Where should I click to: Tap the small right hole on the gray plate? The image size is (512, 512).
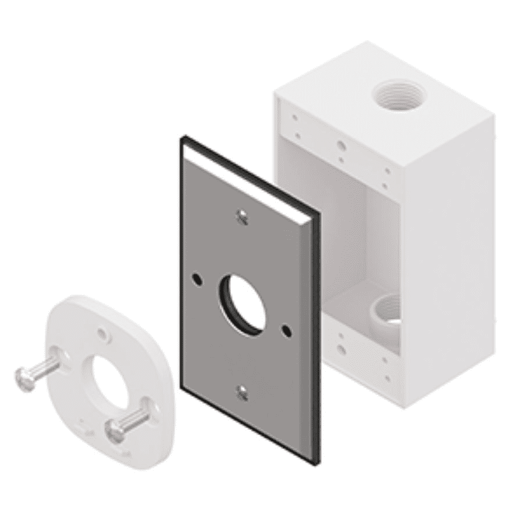(286, 330)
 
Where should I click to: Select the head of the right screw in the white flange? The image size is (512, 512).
(113, 431)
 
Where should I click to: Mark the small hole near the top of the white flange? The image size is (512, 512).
(105, 335)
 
